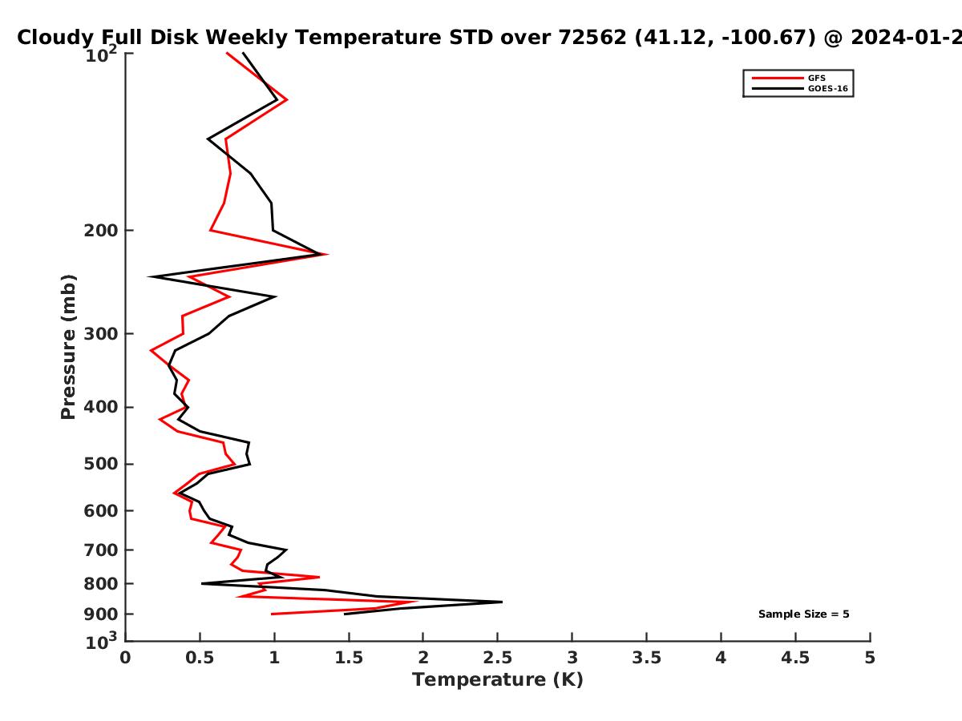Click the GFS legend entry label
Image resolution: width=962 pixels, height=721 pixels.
click(x=816, y=78)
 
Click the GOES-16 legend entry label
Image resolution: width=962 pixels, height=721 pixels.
click(x=827, y=88)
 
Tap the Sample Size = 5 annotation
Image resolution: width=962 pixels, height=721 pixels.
click(x=803, y=614)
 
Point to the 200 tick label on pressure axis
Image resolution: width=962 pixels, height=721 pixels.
click(x=101, y=230)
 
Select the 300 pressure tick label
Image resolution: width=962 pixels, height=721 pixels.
click(x=101, y=334)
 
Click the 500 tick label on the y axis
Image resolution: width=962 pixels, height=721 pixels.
click(x=101, y=464)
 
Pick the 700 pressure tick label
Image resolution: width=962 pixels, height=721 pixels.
click(x=101, y=550)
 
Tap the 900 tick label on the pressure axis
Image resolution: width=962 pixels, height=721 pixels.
click(x=101, y=614)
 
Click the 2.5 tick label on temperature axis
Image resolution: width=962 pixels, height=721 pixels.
click(x=498, y=658)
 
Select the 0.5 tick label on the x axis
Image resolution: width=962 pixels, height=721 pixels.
click(x=200, y=658)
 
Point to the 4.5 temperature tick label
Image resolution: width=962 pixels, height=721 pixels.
click(x=795, y=658)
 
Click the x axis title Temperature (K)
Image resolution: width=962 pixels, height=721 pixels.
click(x=498, y=680)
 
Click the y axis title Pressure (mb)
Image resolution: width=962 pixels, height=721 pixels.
click(x=68, y=347)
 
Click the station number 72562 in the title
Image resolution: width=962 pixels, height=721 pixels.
click(x=592, y=37)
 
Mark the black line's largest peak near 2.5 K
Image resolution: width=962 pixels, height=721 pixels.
click(x=501, y=602)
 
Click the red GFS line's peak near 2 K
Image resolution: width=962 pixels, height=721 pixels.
click(x=416, y=602)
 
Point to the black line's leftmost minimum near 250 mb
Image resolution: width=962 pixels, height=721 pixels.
click(x=149, y=276)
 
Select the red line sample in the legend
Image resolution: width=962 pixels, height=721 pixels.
click(x=778, y=78)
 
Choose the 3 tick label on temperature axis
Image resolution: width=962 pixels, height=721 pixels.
click(x=572, y=658)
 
